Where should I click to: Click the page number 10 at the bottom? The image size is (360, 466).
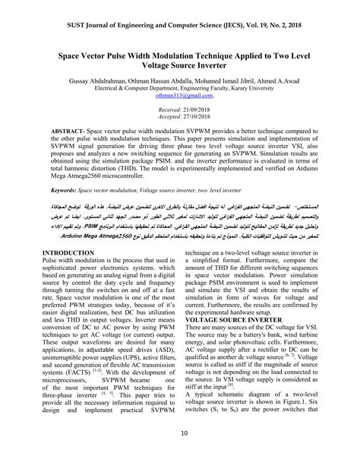coord(180,454)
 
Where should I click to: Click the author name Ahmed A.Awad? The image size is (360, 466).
coord(284,81)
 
